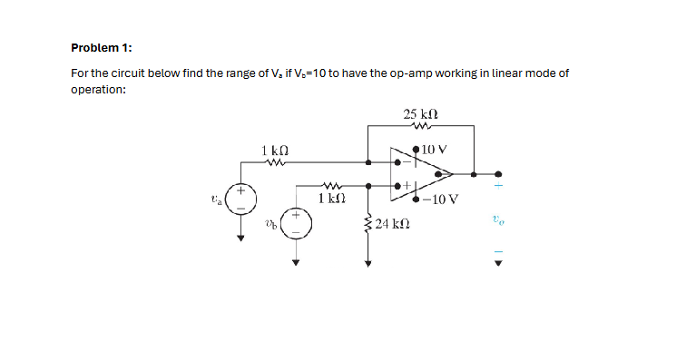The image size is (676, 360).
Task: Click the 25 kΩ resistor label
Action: [x=421, y=114]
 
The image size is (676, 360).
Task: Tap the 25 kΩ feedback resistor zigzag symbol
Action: [x=420, y=127]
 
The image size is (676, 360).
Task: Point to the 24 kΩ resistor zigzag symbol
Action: [x=367, y=224]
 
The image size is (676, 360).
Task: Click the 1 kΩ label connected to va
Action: [x=275, y=150]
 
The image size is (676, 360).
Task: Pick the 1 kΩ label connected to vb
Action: [x=328, y=196]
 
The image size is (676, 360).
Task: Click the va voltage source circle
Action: [x=241, y=199]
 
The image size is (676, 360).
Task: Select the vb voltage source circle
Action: [x=295, y=223]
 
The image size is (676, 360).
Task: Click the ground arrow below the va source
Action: [x=241, y=238]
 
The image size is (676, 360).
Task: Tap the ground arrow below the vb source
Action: [x=295, y=264]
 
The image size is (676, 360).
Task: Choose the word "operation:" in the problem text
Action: [x=98, y=90]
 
